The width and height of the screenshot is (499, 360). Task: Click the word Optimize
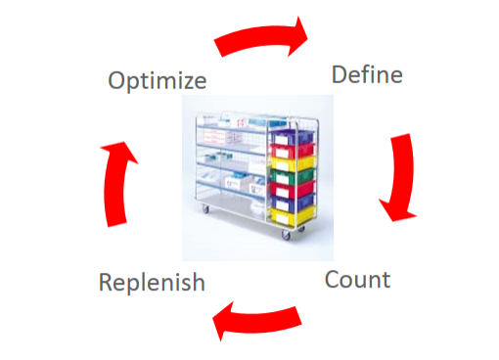[x=157, y=80]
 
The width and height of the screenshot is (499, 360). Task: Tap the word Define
[x=367, y=74]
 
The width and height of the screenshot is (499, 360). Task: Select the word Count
[x=357, y=280]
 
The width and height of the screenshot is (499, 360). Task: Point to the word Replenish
[x=152, y=283]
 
